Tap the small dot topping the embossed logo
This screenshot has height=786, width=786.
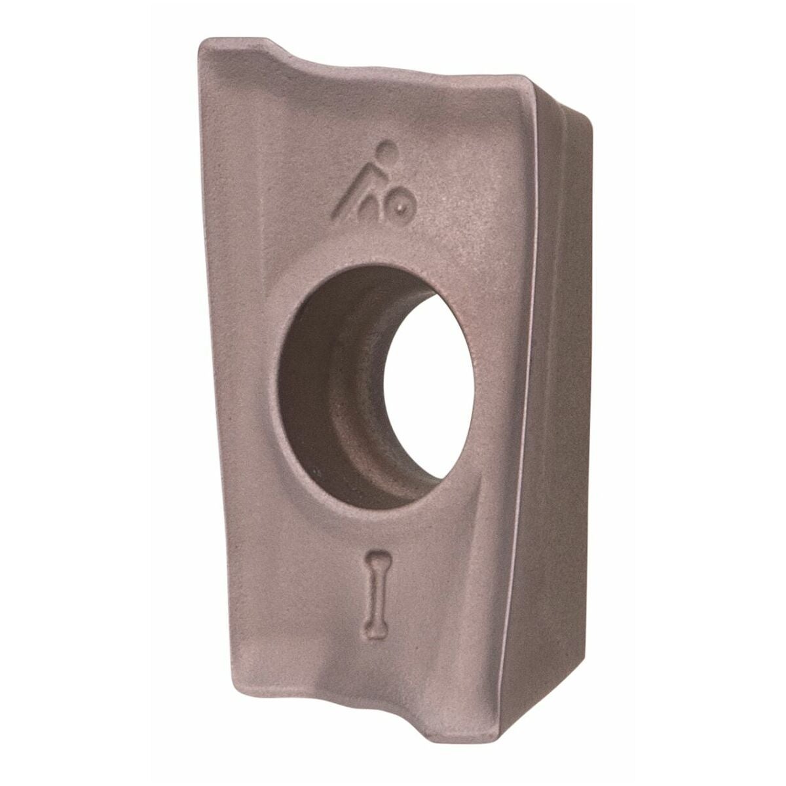point(388,147)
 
